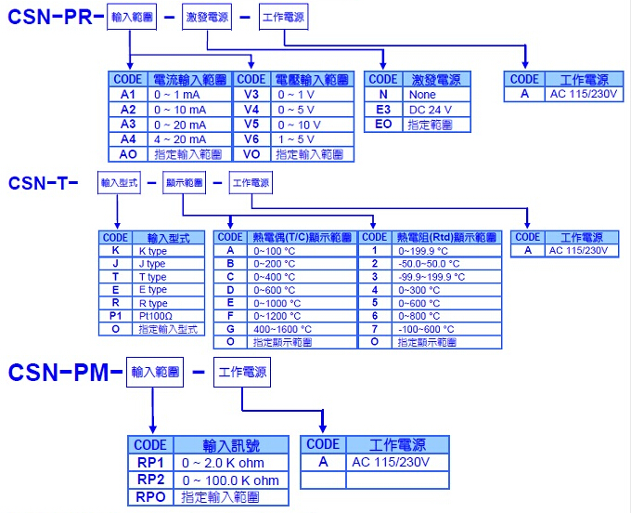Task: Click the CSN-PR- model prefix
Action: [52, 18]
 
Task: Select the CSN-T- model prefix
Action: [43, 183]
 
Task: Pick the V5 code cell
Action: [251, 124]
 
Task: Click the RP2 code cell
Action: [150, 480]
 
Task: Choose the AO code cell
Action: [128, 153]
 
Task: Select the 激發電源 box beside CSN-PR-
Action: [207, 18]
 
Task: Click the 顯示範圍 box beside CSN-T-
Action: [184, 183]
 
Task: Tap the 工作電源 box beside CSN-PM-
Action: [243, 373]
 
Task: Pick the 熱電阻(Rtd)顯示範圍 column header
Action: [446, 238]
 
